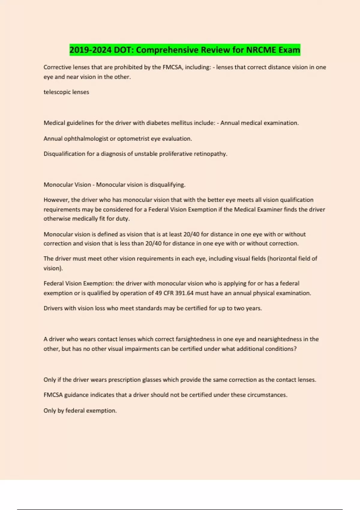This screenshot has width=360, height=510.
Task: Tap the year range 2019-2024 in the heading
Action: coord(91,50)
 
